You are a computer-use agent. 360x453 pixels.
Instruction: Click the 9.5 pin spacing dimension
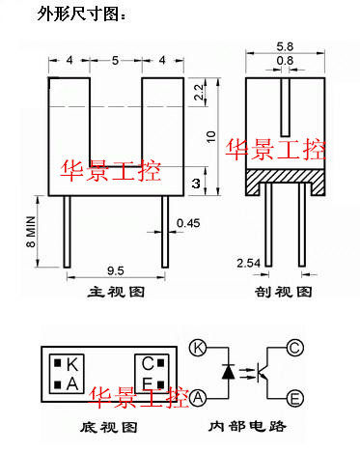tap(116, 270)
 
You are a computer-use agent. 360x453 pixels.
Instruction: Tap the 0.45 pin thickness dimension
tap(188, 223)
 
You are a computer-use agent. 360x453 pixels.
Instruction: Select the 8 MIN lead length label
tap(31, 232)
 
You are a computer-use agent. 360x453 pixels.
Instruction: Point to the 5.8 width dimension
tap(285, 46)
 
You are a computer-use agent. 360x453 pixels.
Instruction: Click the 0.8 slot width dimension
tap(285, 61)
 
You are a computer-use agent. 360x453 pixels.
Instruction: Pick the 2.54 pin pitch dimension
tap(248, 263)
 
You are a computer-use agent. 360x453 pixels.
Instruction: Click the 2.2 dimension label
tap(199, 92)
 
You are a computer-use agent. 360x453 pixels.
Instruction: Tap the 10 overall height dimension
tap(210, 137)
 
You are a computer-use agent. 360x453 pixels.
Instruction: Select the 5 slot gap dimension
tap(115, 60)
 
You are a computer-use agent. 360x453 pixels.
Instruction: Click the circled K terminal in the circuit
tap(198, 348)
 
